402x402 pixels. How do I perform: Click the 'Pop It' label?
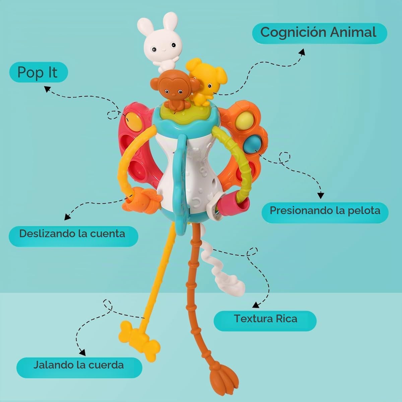coord(39,72)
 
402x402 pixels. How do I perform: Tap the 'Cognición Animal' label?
coord(319,33)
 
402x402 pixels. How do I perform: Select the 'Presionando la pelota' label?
coord(325,213)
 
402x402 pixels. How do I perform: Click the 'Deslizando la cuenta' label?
coord(73,236)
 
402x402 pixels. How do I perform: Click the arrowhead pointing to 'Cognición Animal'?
coord(302,52)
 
